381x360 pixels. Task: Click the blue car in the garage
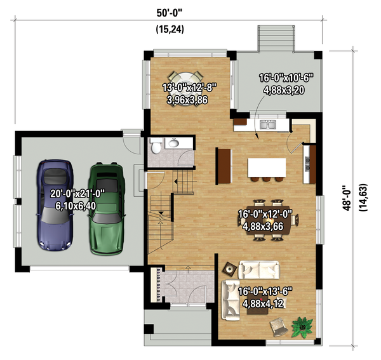55,205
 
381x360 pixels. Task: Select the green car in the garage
107,208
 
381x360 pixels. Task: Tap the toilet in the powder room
156,146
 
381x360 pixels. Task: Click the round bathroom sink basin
174,143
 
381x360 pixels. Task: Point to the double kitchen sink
268,124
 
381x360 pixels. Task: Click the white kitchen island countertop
267,168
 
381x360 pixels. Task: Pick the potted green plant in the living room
302,327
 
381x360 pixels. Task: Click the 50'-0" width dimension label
170,13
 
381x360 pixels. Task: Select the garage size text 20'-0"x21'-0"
77,194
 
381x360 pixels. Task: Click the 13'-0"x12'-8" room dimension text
189,88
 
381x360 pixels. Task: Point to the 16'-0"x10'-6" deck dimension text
286,78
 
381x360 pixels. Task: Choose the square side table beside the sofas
230,269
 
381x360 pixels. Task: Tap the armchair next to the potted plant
279,327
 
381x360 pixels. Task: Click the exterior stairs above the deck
276,38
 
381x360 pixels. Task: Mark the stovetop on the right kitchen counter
307,164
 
